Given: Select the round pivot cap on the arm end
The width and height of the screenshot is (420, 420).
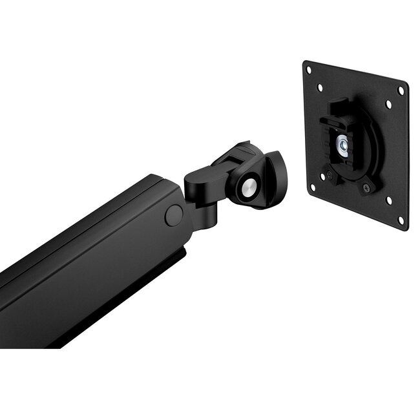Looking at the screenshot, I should (173, 215).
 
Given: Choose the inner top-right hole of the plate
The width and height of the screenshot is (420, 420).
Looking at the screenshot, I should (388, 103).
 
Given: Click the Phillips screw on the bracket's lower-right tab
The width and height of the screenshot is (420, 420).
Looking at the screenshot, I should (367, 188).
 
